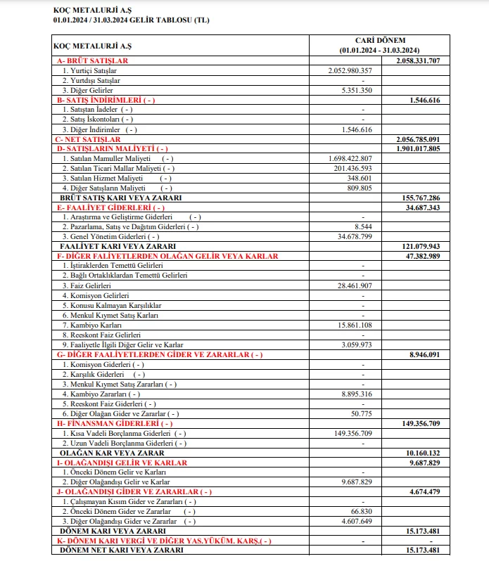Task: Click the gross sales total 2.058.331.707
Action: (418, 61)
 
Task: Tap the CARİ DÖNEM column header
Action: (379, 40)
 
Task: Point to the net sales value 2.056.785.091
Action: (418, 139)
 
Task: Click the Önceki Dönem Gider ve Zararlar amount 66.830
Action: (361, 511)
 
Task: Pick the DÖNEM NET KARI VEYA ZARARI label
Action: (122, 550)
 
